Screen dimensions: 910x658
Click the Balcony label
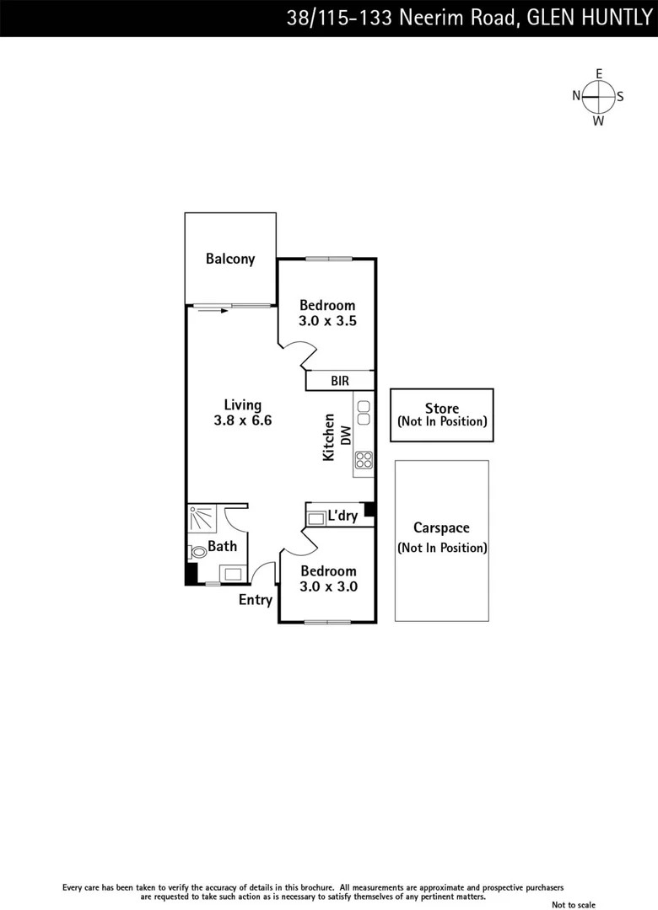(230, 259)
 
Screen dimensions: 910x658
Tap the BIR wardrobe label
(340, 381)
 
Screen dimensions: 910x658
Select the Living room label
(242, 404)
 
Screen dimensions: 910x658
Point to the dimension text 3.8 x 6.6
(242, 420)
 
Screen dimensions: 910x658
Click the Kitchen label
(329, 436)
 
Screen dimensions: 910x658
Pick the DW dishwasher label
(345, 435)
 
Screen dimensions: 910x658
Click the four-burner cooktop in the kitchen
(364, 460)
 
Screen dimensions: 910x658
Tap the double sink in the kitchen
(364, 412)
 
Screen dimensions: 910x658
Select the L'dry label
(342, 516)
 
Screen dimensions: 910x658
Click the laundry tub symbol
(316, 518)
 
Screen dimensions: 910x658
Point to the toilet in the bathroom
(197, 553)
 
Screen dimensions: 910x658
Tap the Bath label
(222, 546)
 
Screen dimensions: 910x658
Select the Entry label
(255, 600)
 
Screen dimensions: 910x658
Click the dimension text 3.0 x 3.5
(326, 320)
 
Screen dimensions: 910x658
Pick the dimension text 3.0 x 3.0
(328, 586)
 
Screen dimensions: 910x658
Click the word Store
(442, 409)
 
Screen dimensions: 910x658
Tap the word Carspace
(441, 528)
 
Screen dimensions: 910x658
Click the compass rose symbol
(598, 96)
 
